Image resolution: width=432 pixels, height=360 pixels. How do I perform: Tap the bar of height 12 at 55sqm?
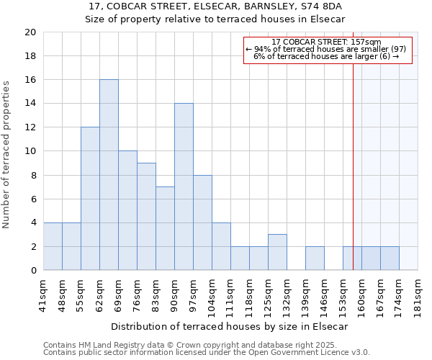coord(90,199)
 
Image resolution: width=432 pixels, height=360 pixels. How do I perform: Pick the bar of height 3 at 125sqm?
coord(277,252)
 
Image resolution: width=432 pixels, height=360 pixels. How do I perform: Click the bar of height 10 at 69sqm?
coord(127,210)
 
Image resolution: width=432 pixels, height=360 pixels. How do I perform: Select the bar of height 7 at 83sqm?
coord(165,228)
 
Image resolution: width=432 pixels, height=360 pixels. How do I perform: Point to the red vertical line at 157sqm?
coord(353,158)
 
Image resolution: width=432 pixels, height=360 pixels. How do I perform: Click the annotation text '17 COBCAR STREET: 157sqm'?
coord(327,42)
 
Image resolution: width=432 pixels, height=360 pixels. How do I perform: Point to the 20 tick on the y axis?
coord(30,32)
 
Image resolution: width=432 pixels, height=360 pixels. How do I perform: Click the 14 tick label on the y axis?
coord(30,104)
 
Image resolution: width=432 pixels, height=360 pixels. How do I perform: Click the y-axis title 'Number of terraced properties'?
coord(6,154)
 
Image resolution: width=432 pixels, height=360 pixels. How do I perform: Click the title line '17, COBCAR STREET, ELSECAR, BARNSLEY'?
coord(215,6)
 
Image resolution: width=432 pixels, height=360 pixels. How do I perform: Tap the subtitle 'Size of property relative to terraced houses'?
coord(215,19)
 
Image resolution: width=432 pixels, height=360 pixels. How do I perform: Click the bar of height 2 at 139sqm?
coord(315,258)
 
